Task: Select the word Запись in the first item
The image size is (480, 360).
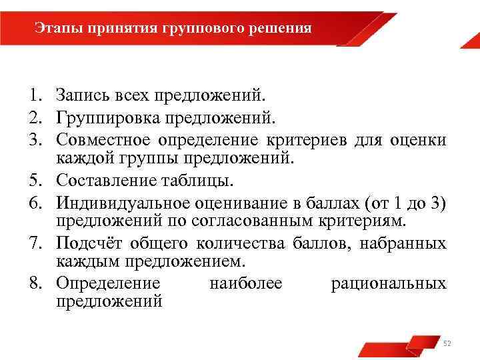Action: click(x=79, y=97)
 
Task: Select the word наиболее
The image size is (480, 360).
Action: click(x=245, y=283)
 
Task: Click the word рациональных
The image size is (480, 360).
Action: click(x=389, y=283)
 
